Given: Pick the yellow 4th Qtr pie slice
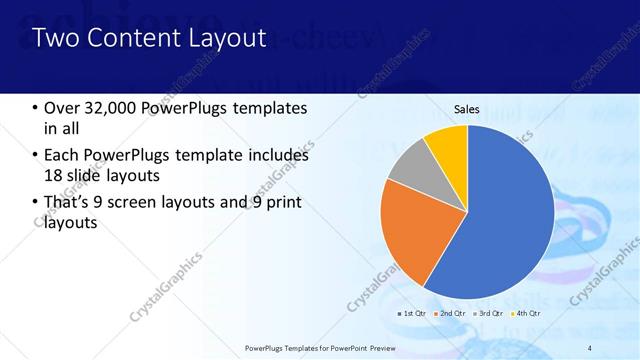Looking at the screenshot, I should tap(446, 145).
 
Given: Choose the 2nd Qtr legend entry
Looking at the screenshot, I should tap(451, 313).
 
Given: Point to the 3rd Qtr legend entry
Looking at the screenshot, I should tap(490, 313).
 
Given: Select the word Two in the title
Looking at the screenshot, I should tap(56, 38).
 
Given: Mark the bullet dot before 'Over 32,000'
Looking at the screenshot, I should tap(35, 108).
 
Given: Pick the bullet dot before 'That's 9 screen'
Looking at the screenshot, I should tap(35, 203).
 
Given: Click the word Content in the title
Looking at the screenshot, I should tap(125, 38).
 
